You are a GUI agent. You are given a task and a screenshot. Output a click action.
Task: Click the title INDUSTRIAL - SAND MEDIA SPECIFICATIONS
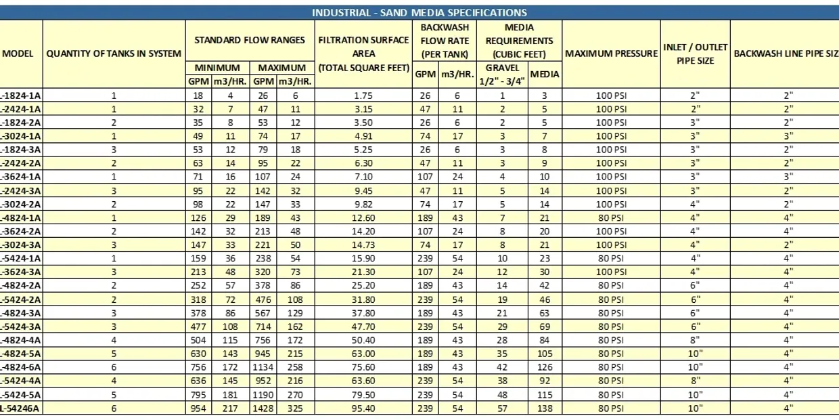point(419,12)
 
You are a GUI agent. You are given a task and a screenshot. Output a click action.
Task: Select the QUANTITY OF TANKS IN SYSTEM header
point(114,54)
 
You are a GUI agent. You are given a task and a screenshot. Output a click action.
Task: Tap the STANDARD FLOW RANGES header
point(250,40)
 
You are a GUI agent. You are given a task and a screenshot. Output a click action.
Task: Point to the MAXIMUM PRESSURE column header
point(611,54)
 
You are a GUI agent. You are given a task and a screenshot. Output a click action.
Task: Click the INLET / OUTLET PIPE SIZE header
point(695,54)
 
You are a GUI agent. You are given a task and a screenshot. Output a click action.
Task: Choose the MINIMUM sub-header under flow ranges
point(217,68)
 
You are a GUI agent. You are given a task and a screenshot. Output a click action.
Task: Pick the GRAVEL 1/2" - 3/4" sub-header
point(502,75)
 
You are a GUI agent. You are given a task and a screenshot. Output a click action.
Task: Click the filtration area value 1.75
point(363,96)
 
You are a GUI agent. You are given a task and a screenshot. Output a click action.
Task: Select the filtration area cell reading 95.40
point(363,408)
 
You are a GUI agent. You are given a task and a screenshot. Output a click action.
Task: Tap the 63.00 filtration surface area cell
point(363,354)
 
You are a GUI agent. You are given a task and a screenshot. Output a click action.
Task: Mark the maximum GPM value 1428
point(263,408)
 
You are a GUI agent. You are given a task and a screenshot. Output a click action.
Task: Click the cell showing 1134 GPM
point(263,367)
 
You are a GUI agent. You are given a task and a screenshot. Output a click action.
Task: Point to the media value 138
point(544,408)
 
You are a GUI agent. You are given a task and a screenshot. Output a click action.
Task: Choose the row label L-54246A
point(20,408)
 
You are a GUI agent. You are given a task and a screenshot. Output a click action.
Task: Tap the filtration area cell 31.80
point(363,299)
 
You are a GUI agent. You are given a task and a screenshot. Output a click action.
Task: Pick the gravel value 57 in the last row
point(502,408)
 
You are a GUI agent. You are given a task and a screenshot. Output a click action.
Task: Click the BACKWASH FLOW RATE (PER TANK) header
point(445,40)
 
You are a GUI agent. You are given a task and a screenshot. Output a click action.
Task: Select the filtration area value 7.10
point(363,177)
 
